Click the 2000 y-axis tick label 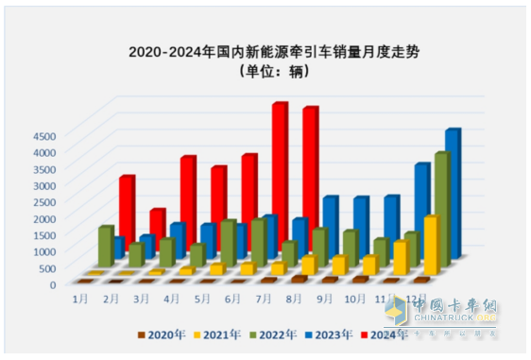45,218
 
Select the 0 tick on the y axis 53,283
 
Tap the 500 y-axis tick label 48,267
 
